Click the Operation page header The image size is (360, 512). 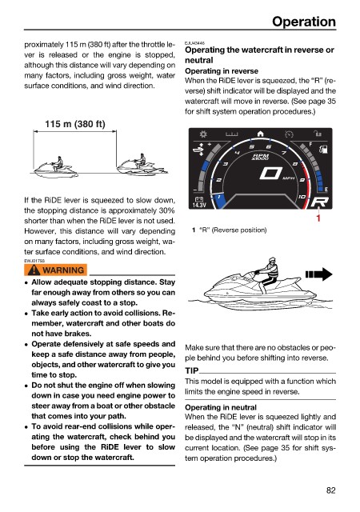click(x=303, y=22)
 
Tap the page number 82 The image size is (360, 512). click(x=330, y=490)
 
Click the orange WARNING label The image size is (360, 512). click(x=55, y=270)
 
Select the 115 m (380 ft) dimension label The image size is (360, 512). click(x=75, y=124)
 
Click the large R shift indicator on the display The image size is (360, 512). click(x=319, y=202)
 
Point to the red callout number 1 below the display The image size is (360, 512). click(x=318, y=218)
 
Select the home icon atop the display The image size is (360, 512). click(x=260, y=134)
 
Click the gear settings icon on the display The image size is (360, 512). click(x=203, y=134)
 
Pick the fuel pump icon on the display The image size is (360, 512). click(x=323, y=150)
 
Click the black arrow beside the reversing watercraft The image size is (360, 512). click(x=319, y=274)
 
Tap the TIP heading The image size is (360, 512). click(x=192, y=371)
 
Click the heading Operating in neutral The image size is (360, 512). click(x=221, y=407)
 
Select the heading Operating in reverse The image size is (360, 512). click(x=222, y=71)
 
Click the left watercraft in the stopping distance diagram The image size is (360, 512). click(x=56, y=167)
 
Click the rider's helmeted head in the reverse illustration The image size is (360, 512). click(x=271, y=261)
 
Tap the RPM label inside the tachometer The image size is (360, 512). click(x=260, y=157)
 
